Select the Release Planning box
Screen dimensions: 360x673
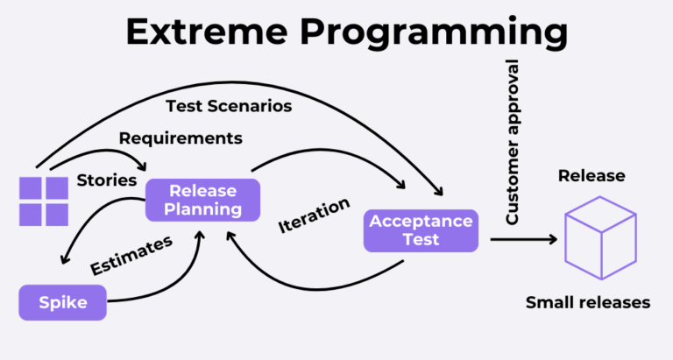pos(202,200)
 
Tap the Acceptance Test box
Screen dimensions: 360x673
pos(421,230)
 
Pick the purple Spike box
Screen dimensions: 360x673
pos(62,303)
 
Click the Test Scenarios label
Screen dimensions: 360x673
pos(229,106)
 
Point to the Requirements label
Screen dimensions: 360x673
pos(181,138)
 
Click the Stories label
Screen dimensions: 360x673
pos(107,180)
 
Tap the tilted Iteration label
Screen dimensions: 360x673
pos(314,215)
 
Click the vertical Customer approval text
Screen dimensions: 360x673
pos(514,143)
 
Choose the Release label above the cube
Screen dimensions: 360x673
pos(592,176)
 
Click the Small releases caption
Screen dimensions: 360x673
pos(588,303)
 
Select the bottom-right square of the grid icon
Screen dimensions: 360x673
pos(57,215)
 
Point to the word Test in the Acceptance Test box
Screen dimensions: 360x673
pos(421,240)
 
